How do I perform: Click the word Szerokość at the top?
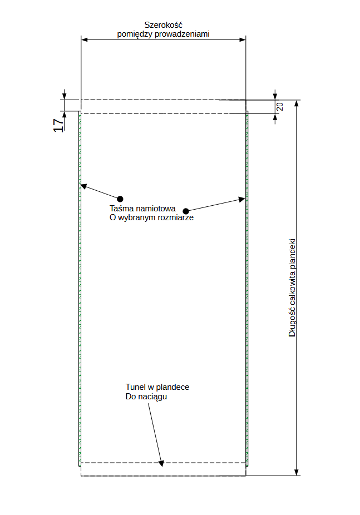[164, 25]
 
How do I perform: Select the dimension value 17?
[58, 125]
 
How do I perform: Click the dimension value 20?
[280, 106]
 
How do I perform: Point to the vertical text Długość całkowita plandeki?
[292, 288]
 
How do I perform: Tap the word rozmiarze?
[175, 218]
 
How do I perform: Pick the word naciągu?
[153, 397]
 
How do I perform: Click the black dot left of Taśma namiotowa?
[120, 199]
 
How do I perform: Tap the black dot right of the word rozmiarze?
[186, 211]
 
